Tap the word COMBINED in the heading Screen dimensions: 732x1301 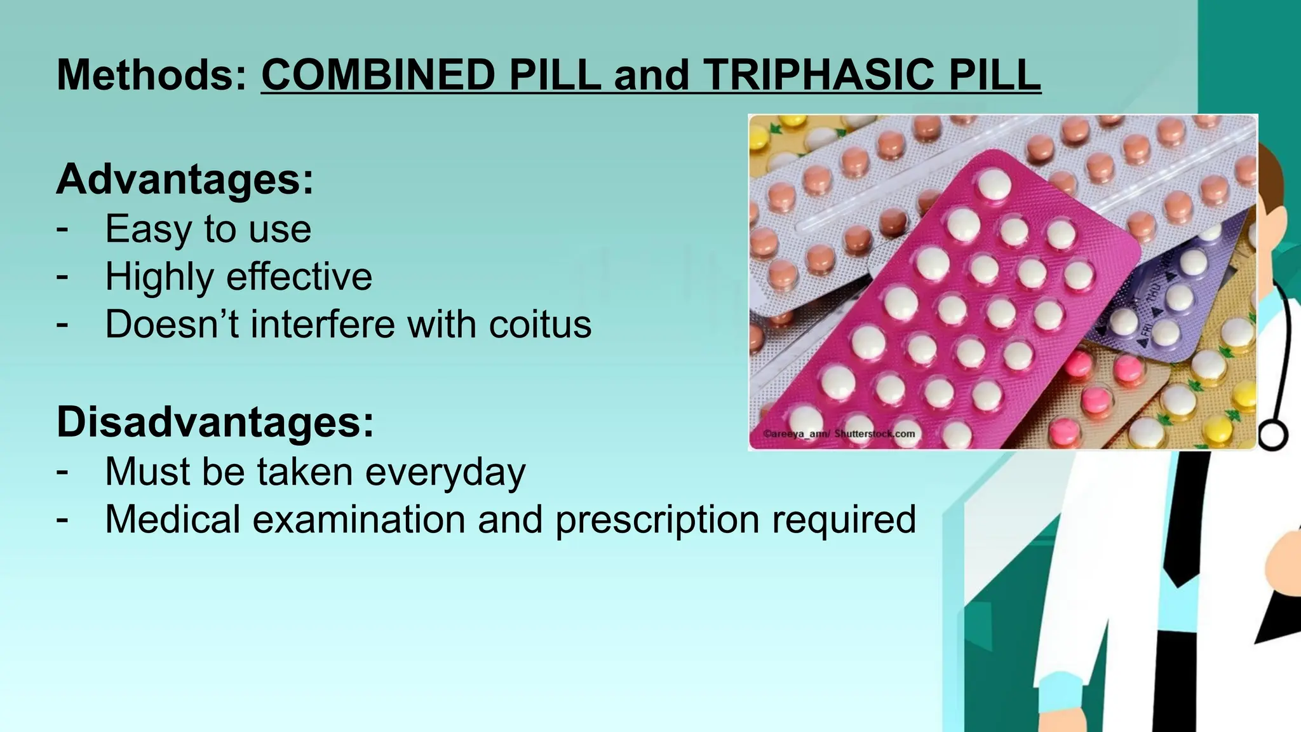pyautogui.click(x=379, y=75)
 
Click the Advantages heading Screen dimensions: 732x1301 pyautogui.click(x=185, y=180)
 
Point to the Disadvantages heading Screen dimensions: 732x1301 pyautogui.click(x=215, y=422)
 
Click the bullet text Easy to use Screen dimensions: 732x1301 pyautogui.click(x=208, y=229)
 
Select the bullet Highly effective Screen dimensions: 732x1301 pyautogui.click(x=238, y=276)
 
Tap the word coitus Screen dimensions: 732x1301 pyautogui.click(x=540, y=324)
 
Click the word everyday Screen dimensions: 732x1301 pyautogui.click(x=445, y=472)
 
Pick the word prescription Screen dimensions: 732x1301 pyautogui.click(x=657, y=520)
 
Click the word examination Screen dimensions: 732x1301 pyautogui.click(x=360, y=520)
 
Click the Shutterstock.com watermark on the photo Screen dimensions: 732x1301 pyautogui.click(x=874, y=434)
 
